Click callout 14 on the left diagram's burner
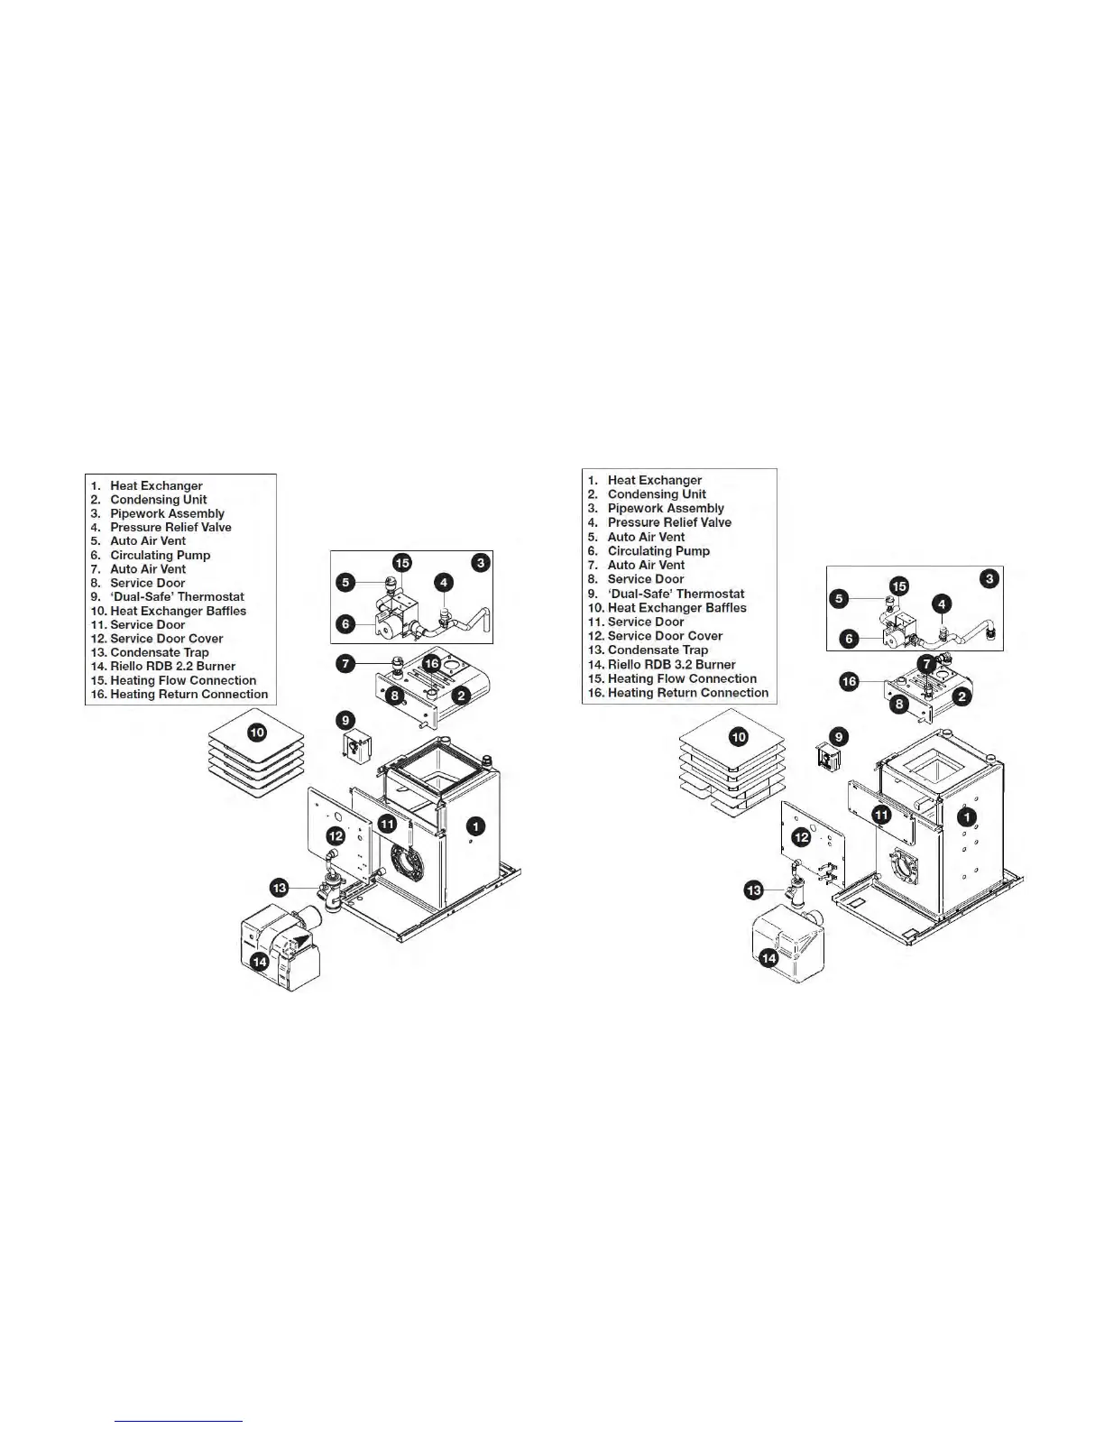[x=260, y=962]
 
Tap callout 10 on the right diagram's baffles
[x=739, y=737]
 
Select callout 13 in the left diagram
[x=280, y=888]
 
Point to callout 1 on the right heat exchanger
[x=966, y=817]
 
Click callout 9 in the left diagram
[x=345, y=720]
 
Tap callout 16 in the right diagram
[x=849, y=681]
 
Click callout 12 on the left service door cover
[x=336, y=835]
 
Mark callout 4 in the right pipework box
[x=941, y=604]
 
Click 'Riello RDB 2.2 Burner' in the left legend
[x=171, y=667]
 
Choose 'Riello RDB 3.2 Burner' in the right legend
[x=670, y=664]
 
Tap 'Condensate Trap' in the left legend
[x=159, y=652]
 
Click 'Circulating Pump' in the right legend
[x=658, y=551]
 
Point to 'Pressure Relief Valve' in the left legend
[x=170, y=527]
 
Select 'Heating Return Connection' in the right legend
[x=687, y=693]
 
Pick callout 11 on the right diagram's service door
[x=881, y=815]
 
